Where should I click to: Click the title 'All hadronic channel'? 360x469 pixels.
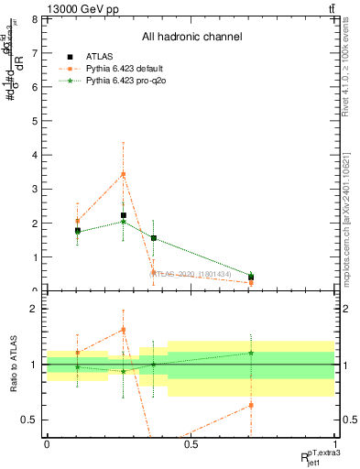(191, 37)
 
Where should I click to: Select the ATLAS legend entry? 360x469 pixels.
(100, 57)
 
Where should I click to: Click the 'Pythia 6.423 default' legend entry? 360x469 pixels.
(129, 69)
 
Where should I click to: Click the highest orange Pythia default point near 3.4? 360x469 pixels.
(123, 174)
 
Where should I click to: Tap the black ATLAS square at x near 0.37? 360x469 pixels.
(153, 238)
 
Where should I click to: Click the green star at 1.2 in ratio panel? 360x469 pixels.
(251, 353)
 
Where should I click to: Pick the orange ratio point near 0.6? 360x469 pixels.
(251, 405)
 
